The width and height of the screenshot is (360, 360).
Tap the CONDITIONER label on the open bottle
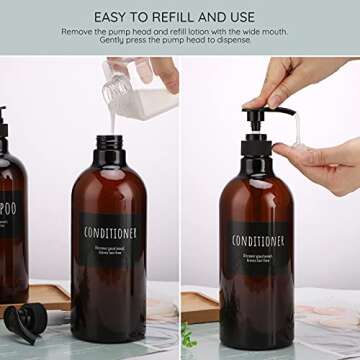point(109,232)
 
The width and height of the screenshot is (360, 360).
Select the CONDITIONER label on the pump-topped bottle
point(257,240)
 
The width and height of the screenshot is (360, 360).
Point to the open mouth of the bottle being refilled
point(108,139)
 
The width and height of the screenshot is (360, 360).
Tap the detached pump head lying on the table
point(25,320)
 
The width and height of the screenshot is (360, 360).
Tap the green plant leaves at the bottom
point(187,337)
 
